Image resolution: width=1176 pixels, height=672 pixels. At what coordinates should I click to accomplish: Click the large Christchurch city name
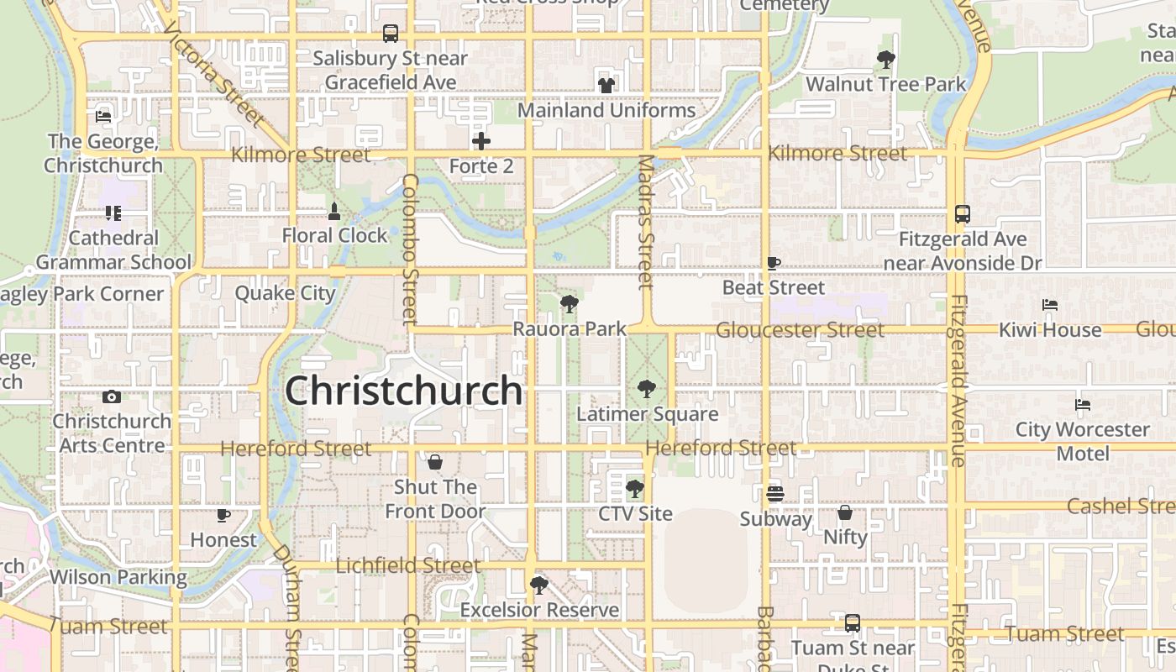(x=404, y=391)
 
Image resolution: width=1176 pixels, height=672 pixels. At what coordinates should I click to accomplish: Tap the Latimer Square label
(x=647, y=414)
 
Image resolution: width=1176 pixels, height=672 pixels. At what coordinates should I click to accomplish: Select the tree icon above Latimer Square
(x=646, y=389)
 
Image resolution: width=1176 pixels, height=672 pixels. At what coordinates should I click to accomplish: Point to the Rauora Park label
(x=570, y=329)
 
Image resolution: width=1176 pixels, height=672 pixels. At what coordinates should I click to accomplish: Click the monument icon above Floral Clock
(x=334, y=212)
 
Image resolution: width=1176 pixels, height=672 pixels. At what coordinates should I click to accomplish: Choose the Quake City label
(x=285, y=293)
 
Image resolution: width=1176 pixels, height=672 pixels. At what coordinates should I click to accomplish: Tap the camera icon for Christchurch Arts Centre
(x=112, y=396)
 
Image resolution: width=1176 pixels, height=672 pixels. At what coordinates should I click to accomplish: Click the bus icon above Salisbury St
(x=391, y=34)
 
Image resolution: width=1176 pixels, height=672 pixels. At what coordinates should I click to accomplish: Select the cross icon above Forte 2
(x=481, y=141)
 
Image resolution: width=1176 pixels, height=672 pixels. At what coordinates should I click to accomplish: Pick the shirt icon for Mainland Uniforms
(x=606, y=85)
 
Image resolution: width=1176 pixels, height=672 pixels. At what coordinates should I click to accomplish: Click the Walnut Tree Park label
(x=886, y=84)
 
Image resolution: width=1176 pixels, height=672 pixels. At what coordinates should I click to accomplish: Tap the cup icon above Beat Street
(x=774, y=263)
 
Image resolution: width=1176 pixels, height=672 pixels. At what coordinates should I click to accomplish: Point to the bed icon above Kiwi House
(x=1049, y=305)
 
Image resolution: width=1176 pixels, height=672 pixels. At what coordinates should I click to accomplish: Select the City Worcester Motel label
(x=1083, y=441)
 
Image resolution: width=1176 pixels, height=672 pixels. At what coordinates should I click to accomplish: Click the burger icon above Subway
(x=774, y=493)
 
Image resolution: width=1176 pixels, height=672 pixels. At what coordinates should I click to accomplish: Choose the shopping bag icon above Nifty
(x=845, y=512)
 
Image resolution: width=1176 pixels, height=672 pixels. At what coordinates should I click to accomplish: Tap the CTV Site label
(x=635, y=513)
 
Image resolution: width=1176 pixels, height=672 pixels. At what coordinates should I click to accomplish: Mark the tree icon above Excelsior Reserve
(x=539, y=585)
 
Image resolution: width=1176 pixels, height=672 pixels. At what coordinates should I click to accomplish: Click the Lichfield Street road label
(x=408, y=565)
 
